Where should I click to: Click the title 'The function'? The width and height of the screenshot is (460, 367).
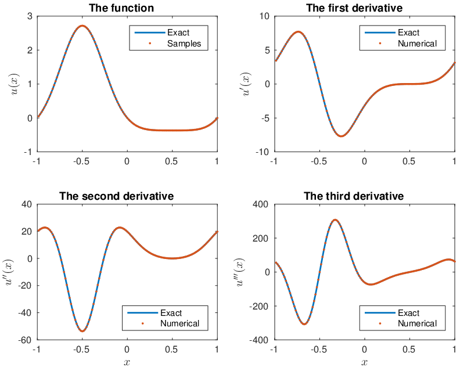point(121,8)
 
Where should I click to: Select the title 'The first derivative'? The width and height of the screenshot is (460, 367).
point(354,8)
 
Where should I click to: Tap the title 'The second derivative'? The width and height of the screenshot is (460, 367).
point(117,196)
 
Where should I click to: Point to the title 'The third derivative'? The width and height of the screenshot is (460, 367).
point(354,196)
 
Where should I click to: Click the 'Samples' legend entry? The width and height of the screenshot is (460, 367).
point(184,44)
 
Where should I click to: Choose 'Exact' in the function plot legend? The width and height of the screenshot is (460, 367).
point(178,33)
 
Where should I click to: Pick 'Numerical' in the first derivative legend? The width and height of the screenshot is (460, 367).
point(417,44)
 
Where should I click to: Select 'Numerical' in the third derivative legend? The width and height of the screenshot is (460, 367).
point(417,323)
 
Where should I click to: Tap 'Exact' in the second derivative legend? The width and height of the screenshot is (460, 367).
point(171,313)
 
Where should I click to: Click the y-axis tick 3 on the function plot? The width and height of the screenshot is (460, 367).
point(30,16)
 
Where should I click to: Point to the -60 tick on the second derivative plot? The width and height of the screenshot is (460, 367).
point(25,340)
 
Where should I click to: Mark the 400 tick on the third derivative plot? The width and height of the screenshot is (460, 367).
point(261,204)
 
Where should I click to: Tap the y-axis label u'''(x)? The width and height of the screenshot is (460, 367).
point(240,272)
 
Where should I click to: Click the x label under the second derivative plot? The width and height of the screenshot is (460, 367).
point(127,362)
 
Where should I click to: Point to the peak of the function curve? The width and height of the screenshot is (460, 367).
point(82,26)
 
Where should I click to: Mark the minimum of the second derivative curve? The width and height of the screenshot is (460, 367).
point(82,331)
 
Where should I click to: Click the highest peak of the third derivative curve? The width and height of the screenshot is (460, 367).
point(335,220)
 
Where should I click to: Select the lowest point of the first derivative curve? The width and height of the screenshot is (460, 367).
point(342,136)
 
